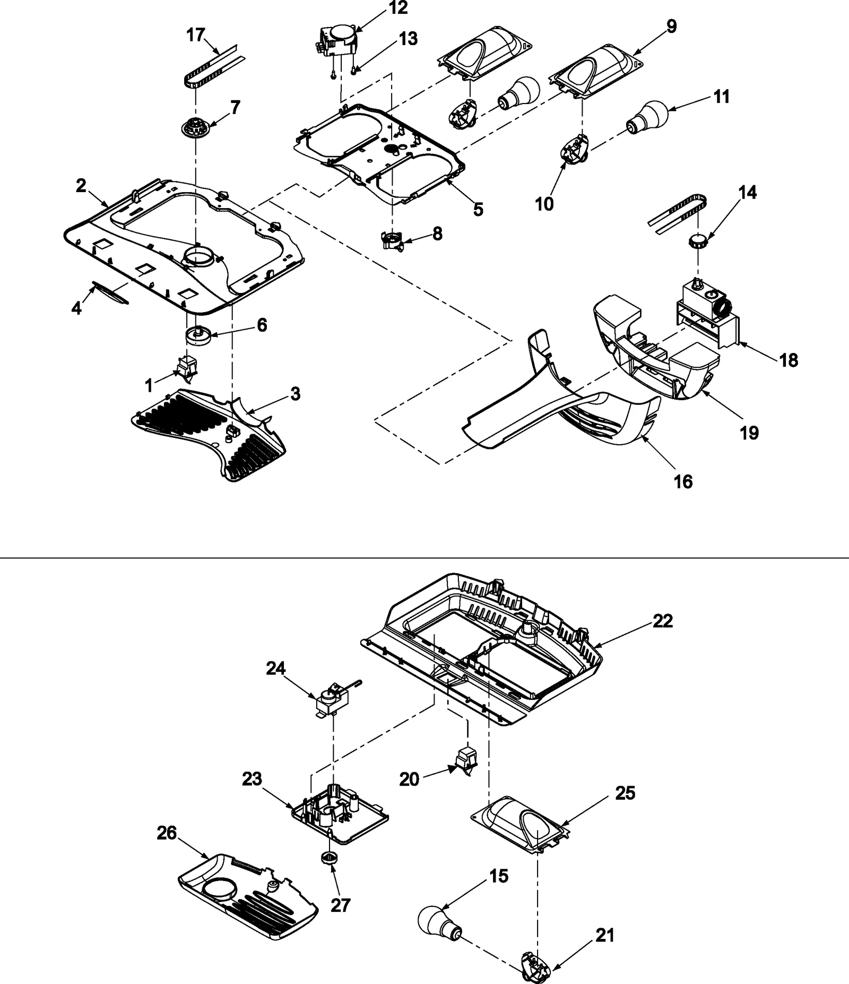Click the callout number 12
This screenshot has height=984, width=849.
pos(398,8)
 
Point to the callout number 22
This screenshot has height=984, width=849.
pos(662,620)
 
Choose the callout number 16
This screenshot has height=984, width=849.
pos(683,481)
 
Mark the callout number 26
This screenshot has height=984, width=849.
pos(167,833)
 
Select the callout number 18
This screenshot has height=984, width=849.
pos(789,360)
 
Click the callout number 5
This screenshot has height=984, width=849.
pos(478,209)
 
